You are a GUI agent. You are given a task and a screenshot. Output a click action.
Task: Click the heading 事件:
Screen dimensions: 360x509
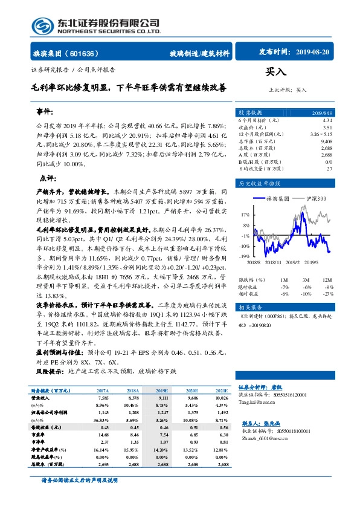coord(45,112)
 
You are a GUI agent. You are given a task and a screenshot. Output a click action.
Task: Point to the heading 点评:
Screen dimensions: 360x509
coord(48,178)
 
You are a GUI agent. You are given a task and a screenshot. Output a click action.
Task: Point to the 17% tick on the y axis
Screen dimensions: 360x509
coord(244,215)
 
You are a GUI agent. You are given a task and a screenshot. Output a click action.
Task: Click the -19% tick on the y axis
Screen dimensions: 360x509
coord(243,257)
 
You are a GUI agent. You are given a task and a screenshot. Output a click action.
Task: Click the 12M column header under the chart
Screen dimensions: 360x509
coord(329,279)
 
